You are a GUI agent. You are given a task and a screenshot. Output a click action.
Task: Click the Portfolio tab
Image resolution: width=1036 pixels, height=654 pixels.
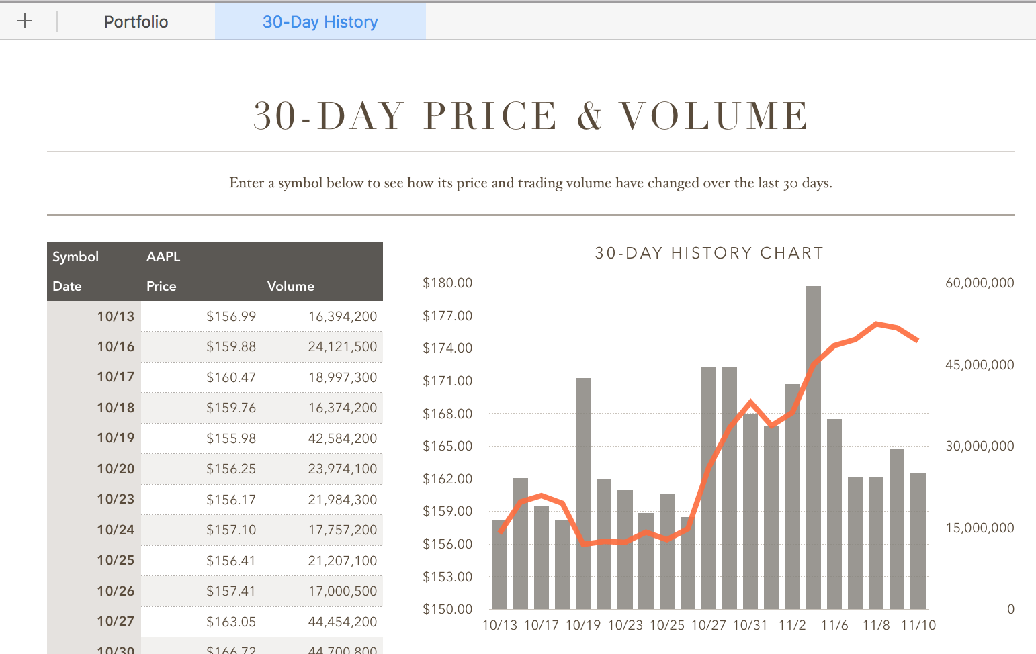136,21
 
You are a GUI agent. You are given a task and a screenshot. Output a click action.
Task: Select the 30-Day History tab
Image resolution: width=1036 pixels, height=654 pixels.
320,21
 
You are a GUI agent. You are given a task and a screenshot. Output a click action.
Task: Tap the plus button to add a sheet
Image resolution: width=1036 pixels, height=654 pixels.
25,21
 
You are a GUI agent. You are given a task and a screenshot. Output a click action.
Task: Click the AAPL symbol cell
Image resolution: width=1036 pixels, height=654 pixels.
163,256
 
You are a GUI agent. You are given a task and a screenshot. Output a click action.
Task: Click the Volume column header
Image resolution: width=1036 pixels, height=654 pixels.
290,286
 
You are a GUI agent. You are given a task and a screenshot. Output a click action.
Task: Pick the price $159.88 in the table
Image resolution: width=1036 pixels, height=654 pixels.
230,346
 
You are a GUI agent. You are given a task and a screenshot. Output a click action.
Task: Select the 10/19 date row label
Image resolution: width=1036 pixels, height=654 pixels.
116,438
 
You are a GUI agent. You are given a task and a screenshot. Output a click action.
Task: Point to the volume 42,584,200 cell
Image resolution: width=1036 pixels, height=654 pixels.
342,438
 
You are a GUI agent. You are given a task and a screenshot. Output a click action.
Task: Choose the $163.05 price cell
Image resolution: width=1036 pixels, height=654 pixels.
230,622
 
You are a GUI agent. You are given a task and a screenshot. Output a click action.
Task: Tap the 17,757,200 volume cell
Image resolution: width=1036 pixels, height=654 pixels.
342,530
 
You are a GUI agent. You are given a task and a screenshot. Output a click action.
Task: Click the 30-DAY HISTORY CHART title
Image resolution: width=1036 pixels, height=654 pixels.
709,253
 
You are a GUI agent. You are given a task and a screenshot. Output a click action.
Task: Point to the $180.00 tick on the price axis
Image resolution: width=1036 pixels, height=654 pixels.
447,283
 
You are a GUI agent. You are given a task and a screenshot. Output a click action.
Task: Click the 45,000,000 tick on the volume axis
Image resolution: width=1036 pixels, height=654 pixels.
979,365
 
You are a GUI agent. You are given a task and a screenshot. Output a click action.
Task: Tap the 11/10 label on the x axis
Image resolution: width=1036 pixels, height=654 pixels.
918,625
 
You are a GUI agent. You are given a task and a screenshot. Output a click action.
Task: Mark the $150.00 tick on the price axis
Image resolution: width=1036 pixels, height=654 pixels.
447,609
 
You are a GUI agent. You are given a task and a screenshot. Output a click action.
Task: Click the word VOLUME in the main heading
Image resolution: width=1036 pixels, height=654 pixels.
714,116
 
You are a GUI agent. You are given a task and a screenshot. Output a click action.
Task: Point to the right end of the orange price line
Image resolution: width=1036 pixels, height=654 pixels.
917,340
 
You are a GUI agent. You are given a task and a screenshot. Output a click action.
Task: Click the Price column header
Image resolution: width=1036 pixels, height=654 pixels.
161,286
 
